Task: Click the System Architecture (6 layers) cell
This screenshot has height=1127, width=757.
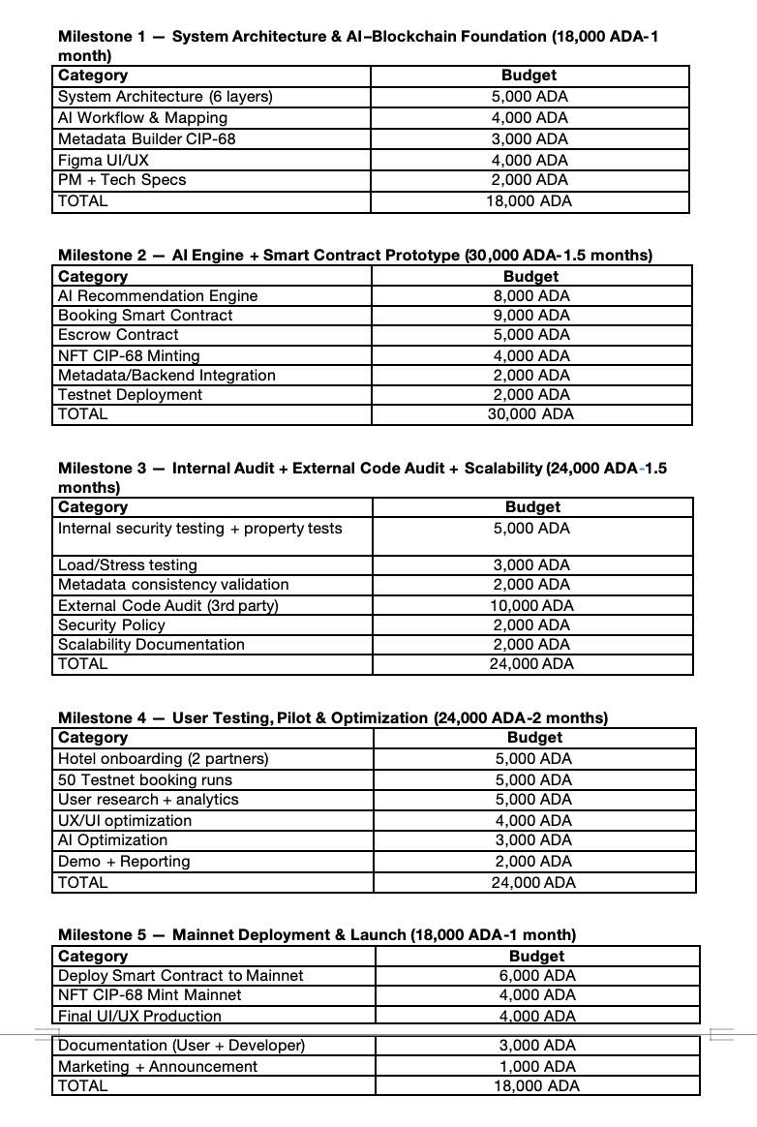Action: coord(166,97)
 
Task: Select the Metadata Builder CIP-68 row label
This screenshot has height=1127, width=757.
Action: coord(147,138)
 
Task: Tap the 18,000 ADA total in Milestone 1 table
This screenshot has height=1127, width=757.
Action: coord(529,201)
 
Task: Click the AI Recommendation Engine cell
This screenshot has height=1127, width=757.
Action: coord(158,295)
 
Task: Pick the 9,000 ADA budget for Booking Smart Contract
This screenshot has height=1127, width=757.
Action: coord(531,315)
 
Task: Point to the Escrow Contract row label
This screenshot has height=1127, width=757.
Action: coord(118,334)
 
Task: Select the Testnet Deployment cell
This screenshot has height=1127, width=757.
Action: coord(131,394)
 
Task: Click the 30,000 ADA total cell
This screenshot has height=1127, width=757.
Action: coord(531,413)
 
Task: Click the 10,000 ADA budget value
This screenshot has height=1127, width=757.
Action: coord(531,605)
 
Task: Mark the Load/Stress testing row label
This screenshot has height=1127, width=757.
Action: coord(128,564)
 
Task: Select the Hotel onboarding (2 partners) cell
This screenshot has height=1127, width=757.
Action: coord(164,758)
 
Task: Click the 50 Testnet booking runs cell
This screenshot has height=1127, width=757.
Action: coord(145,779)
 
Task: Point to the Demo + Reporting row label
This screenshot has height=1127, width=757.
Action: coord(124,861)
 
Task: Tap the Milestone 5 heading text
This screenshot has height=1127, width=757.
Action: coord(317,934)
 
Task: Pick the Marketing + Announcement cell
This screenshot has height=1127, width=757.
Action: coord(158,1066)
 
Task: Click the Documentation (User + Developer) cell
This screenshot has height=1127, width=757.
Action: coord(182,1045)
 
